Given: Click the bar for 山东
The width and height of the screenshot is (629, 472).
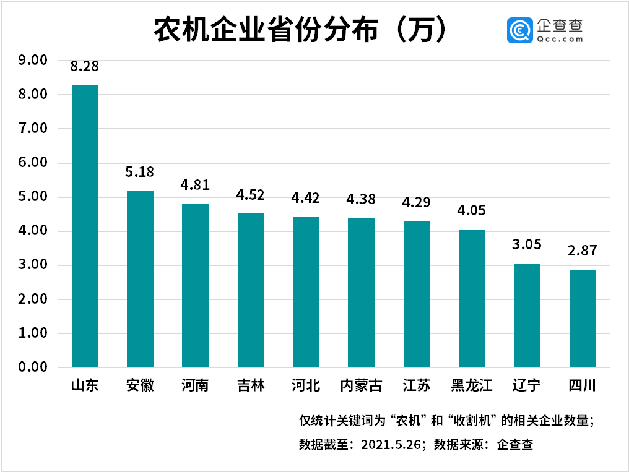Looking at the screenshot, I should [85, 226].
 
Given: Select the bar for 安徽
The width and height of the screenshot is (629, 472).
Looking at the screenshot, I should [140, 279].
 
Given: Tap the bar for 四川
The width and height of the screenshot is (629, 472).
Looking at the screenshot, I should [583, 319].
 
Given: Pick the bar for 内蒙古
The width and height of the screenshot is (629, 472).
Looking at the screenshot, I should [361, 293].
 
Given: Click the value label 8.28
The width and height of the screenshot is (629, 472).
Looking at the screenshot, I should [85, 66].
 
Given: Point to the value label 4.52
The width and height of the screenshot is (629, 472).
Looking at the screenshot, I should [251, 195].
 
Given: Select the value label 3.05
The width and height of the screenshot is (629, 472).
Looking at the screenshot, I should [527, 244].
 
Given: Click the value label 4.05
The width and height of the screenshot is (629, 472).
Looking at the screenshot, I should [472, 210].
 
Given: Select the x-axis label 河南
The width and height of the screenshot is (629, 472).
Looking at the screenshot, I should [195, 386].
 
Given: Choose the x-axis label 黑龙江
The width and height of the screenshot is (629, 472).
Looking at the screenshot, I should [472, 386].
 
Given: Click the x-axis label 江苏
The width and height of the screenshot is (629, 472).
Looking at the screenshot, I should [416, 386].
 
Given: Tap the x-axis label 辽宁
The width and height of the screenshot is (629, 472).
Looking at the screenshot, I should [527, 386].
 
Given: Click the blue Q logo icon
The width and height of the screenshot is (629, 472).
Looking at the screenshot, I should [520, 30].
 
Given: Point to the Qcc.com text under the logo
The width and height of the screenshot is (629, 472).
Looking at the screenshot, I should [560, 38].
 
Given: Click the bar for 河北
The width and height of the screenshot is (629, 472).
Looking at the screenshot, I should [306, 292].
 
